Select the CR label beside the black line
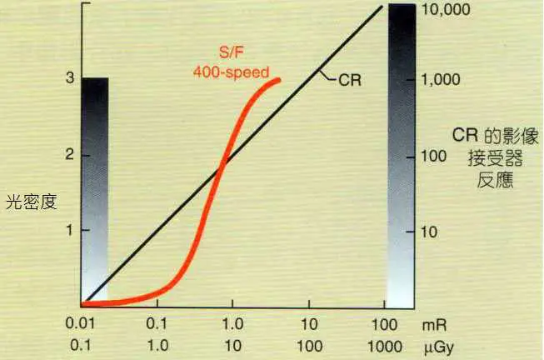coord(350,81)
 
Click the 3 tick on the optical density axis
coord(71,78)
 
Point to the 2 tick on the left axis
coord(71,155)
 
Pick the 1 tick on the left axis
coord(71,230)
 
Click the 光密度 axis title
coord(31,200)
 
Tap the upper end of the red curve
coord(279,80)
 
